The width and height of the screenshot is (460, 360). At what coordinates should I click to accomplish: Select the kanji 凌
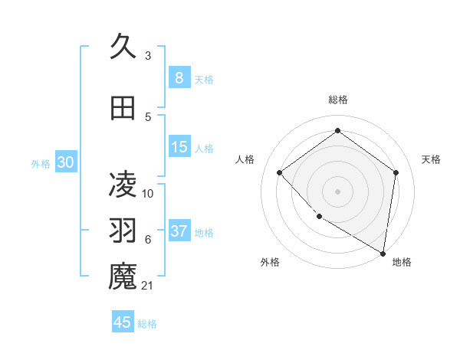[x=123, y=183]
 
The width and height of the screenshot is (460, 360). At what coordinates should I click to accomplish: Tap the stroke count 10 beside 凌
[x=148, y=194]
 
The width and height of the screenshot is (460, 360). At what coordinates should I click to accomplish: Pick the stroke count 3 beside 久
[x=147, y=56]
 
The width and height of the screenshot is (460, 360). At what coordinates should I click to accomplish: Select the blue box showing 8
[x=179, y=78]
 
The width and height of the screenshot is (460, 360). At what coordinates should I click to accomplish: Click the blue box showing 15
[x=179, y=147]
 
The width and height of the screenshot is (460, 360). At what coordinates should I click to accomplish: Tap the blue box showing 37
[x=179, y=231]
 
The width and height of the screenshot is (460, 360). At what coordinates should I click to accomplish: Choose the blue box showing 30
[x=65, y=162]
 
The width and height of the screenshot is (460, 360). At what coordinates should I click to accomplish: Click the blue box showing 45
[x=123, y=322]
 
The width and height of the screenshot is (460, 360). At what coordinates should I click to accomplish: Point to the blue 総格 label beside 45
[x=147, y=324]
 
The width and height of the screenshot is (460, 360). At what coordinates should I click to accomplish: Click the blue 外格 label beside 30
[x=41, y=164]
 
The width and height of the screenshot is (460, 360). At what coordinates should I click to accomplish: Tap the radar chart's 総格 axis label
[x=337, y=100]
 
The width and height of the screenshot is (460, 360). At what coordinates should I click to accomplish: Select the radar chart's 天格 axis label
[x=431, y=159]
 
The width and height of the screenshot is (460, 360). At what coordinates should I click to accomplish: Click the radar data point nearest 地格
[x=383, y=252]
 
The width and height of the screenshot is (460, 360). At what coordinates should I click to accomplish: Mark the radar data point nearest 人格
[x=280, y=172]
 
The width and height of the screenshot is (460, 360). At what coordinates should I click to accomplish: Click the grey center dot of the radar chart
[x=337, y=191]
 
